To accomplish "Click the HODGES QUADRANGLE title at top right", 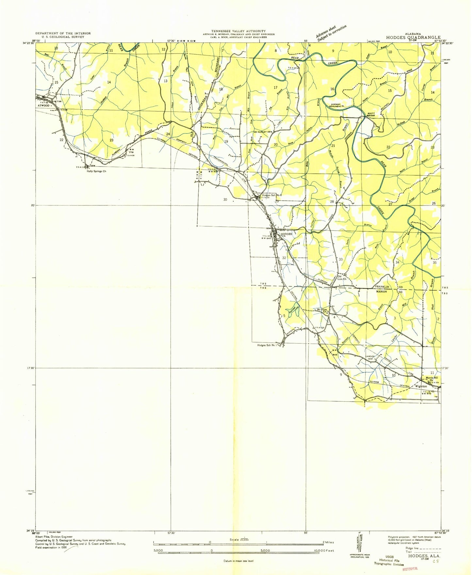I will click(413, 38).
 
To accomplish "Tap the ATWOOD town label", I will click(42, 105).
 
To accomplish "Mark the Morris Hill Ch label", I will click(431, 379).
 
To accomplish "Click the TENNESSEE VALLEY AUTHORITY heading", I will click(238, 31).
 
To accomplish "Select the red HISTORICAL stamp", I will click(410, 569).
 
